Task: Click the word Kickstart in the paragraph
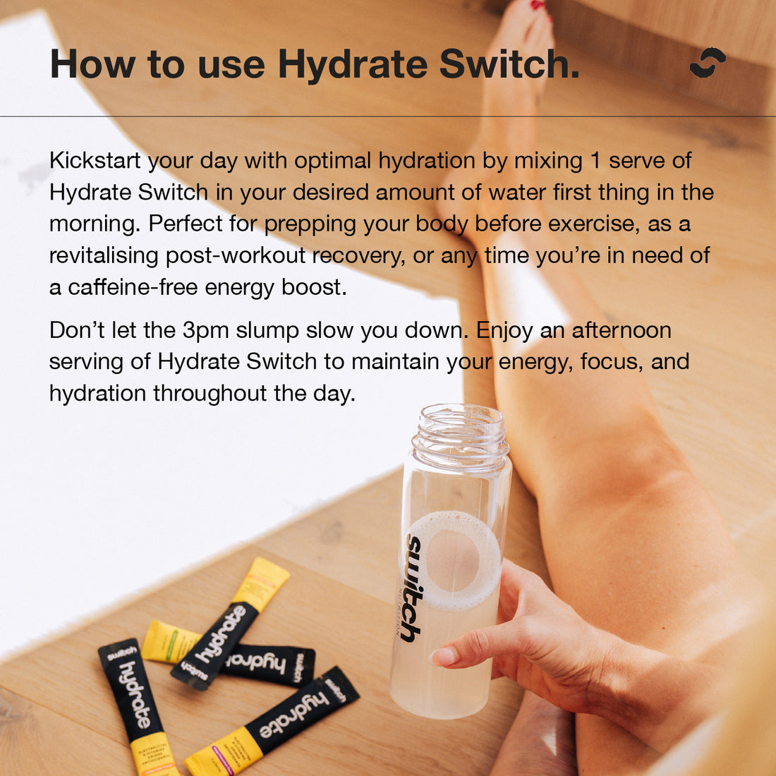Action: [x=96, y=161]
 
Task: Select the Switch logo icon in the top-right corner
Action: [x=707, y=63]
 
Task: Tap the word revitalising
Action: [x=104, y=255]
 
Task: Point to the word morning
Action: [x=93, y=224]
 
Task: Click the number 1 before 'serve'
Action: [x=595, y=161]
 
